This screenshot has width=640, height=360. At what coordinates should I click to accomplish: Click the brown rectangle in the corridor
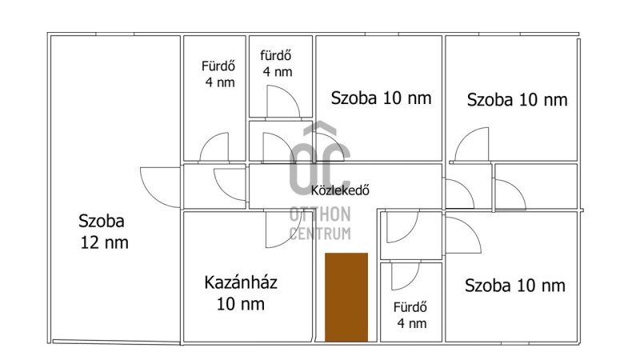[346, 297]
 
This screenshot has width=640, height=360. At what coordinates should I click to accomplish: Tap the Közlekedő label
[340, 190]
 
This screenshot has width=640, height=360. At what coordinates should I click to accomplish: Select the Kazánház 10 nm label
[241, 293]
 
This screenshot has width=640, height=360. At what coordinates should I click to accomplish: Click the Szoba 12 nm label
[104, 232]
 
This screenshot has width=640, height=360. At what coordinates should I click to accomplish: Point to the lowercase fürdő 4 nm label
[277, 64]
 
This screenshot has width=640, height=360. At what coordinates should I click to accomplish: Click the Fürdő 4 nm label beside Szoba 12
[218, 74]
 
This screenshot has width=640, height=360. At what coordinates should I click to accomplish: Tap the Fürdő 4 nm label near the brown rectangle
[411, 315]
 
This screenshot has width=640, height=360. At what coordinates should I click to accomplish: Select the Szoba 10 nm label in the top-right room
[517, 100]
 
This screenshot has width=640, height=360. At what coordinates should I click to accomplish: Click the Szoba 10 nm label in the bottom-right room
[515, 286]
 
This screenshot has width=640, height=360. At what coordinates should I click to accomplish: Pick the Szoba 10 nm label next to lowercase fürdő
[381, 98]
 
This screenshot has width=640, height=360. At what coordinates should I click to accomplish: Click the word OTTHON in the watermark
[320, 214]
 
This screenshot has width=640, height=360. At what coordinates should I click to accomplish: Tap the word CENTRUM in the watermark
[320, 234]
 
